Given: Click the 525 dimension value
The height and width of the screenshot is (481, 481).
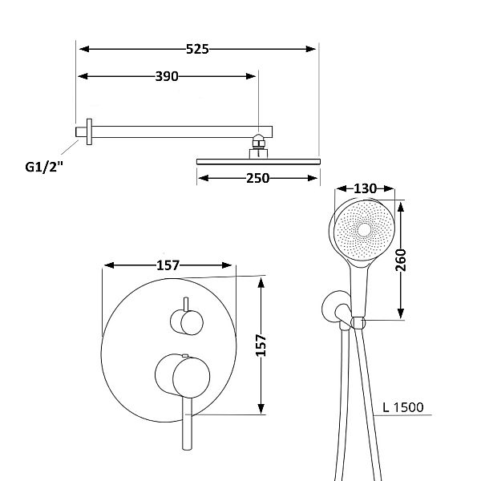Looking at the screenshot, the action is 197,49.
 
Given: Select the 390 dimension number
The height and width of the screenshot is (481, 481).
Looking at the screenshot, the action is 167,76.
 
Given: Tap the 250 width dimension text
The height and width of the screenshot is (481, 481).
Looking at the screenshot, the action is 258,178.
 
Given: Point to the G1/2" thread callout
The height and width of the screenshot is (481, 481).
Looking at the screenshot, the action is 44,168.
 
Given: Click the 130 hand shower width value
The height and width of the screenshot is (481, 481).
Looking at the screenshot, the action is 365,188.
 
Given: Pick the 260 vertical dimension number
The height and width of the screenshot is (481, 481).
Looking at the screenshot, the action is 400,260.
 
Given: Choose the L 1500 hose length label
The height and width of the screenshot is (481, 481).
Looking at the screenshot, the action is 403,407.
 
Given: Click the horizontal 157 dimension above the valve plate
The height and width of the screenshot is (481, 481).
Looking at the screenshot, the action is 168,265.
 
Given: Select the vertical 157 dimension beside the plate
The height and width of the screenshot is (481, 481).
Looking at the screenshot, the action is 261,346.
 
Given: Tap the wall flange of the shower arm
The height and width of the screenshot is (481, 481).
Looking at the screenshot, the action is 89,132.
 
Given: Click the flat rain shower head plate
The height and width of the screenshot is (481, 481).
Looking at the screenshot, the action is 258,162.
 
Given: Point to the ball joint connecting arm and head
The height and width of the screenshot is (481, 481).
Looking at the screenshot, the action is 259,142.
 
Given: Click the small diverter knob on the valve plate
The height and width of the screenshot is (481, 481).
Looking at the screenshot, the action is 187,322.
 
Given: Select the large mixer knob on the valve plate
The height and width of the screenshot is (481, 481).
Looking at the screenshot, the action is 183,376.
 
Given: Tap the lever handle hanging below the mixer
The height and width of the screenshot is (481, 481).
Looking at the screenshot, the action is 187,423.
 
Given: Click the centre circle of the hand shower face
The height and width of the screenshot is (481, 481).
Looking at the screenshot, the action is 364,230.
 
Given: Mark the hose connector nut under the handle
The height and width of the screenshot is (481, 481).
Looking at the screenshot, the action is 358,323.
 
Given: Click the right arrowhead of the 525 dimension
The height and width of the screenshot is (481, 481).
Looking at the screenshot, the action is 311,49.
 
